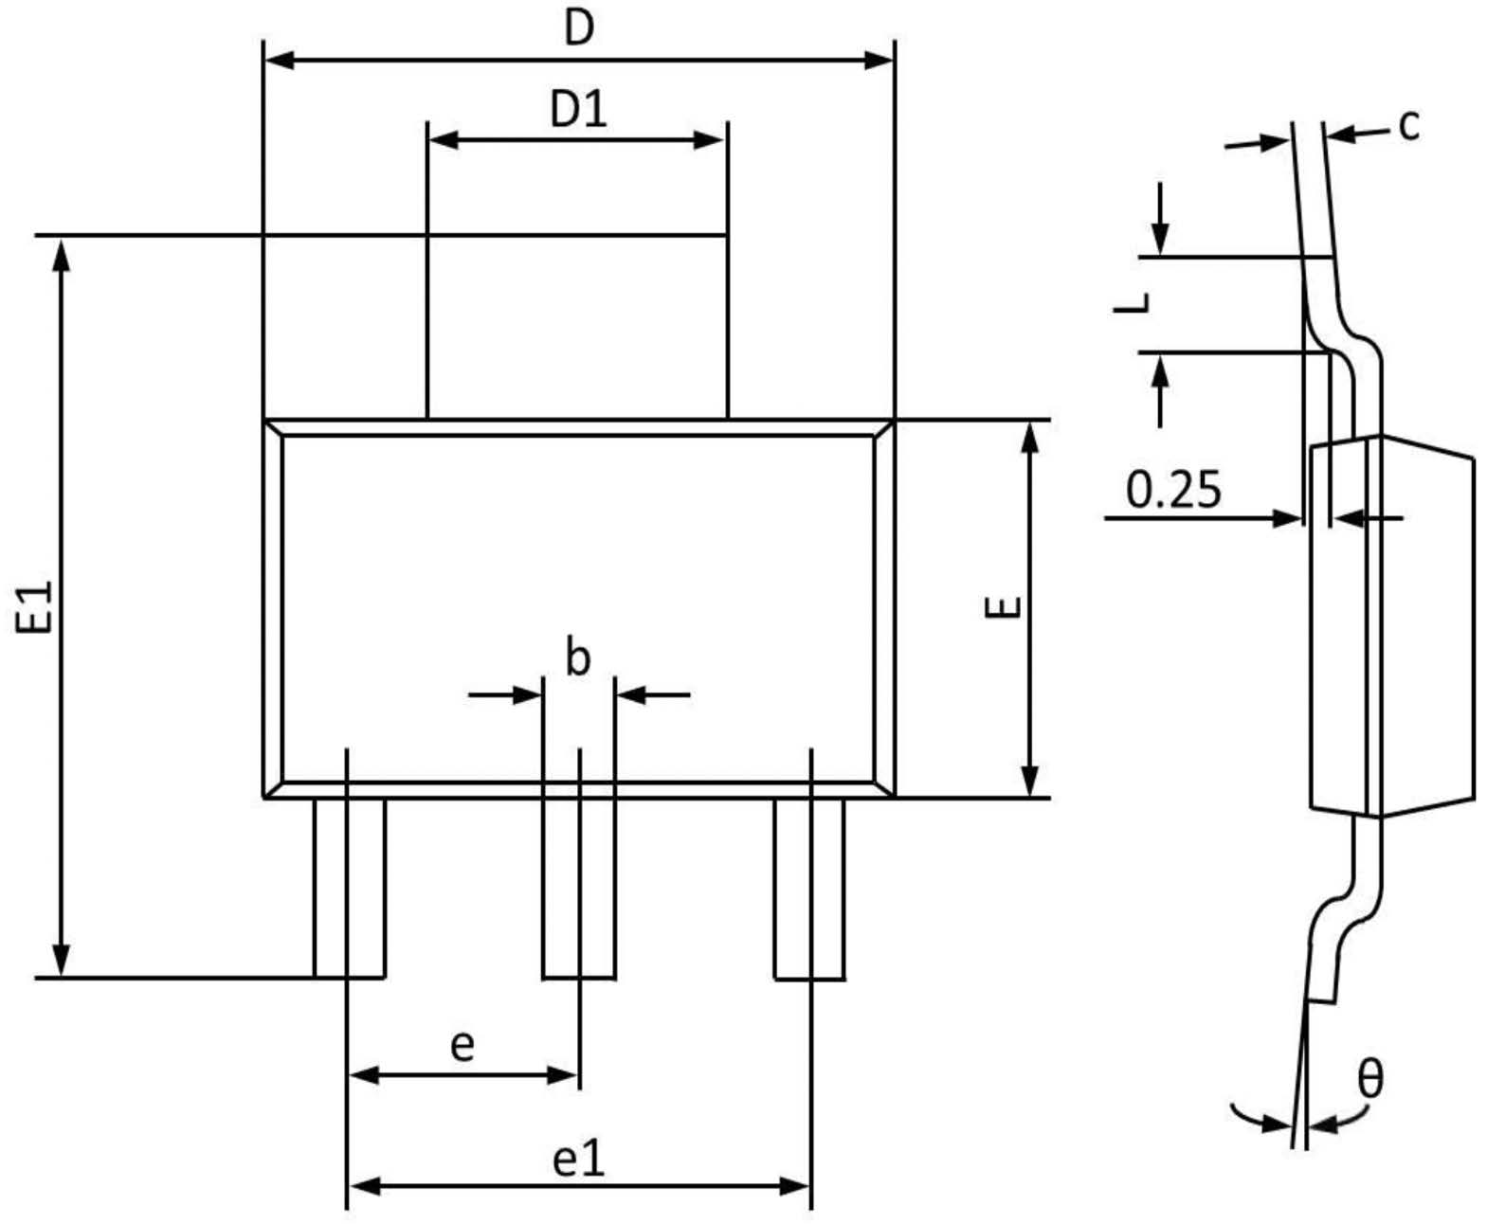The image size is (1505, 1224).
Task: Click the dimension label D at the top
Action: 578,28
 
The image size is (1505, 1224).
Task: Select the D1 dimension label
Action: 578,110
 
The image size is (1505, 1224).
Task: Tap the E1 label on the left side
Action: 35,606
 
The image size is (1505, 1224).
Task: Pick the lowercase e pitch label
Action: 462,1046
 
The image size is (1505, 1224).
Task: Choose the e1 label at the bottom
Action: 578,1158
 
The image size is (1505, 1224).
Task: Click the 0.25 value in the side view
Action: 1173,490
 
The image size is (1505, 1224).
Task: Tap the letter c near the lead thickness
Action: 1409,124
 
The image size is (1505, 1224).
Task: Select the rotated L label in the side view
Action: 1133,303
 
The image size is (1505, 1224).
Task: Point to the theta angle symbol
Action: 1370,1078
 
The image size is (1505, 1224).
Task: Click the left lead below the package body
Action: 350,888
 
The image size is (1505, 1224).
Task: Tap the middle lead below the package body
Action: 578,888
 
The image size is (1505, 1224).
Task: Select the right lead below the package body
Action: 809,888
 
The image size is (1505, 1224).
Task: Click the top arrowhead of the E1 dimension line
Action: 62,251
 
